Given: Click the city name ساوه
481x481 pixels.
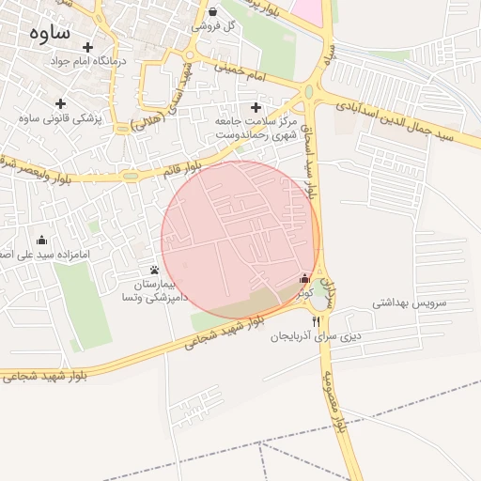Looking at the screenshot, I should coord(51,33).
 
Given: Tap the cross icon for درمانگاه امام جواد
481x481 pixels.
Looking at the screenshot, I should coord(88,47).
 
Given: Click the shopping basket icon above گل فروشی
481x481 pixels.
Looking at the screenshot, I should coord(213,12).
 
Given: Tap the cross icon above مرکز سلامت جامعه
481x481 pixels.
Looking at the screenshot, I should coord(256,106).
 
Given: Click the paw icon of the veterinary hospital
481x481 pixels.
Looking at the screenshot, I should coord(154,270).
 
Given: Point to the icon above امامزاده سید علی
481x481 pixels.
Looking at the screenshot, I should coord(40,240).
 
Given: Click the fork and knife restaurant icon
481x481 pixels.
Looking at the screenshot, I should coord(303,320).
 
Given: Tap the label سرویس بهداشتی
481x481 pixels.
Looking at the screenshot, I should coord(408,303).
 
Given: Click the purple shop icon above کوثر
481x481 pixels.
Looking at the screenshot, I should coord(303,278).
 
